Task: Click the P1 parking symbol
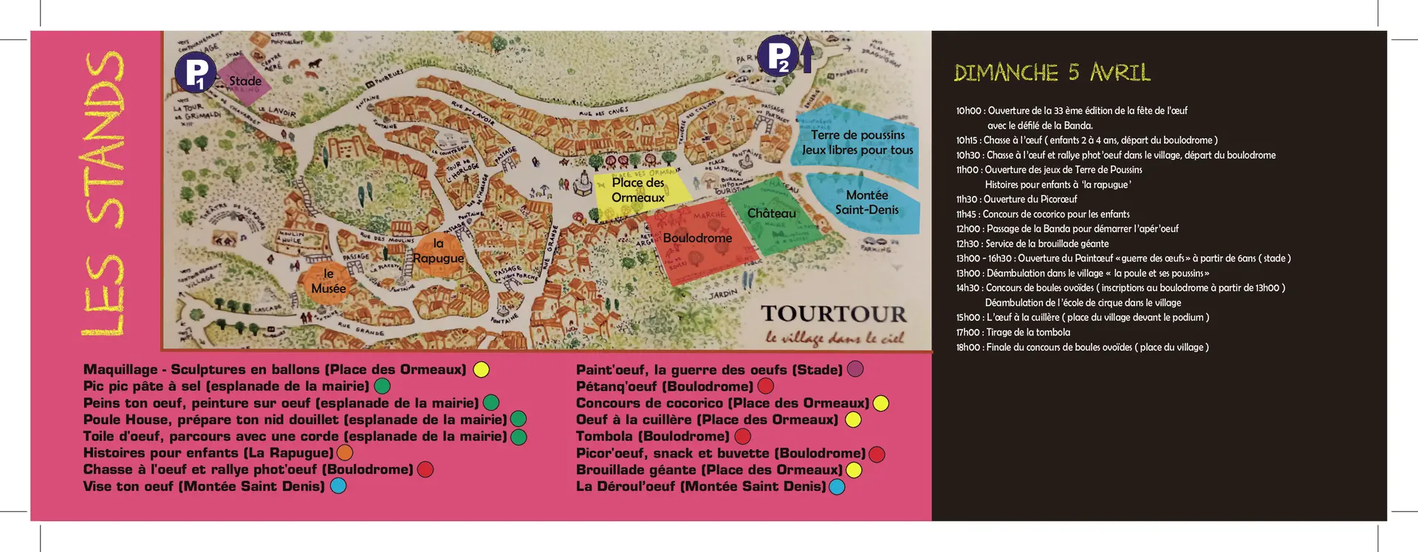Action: click(195, 72)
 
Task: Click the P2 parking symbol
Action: click(777, 55)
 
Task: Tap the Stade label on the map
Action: click(245, 81)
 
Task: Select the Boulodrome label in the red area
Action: click(697, 238)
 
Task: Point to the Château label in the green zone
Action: click(772, 214)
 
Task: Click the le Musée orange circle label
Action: click(328, 282)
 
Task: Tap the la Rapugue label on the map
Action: click(438, 251)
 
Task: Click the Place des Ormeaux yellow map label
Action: click(638, 190)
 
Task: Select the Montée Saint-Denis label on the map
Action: click(867, 202)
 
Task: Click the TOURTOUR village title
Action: click(834, 314)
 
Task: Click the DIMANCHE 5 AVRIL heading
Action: click(1052, 72)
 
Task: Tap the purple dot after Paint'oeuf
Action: click(855, 369)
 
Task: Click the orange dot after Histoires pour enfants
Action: click(345, 453)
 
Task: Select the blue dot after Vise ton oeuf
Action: click(338, 486)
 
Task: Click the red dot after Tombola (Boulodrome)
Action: click(743, 437)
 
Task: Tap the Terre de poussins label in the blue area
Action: click(857, 135)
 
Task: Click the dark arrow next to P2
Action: click(807, 55)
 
